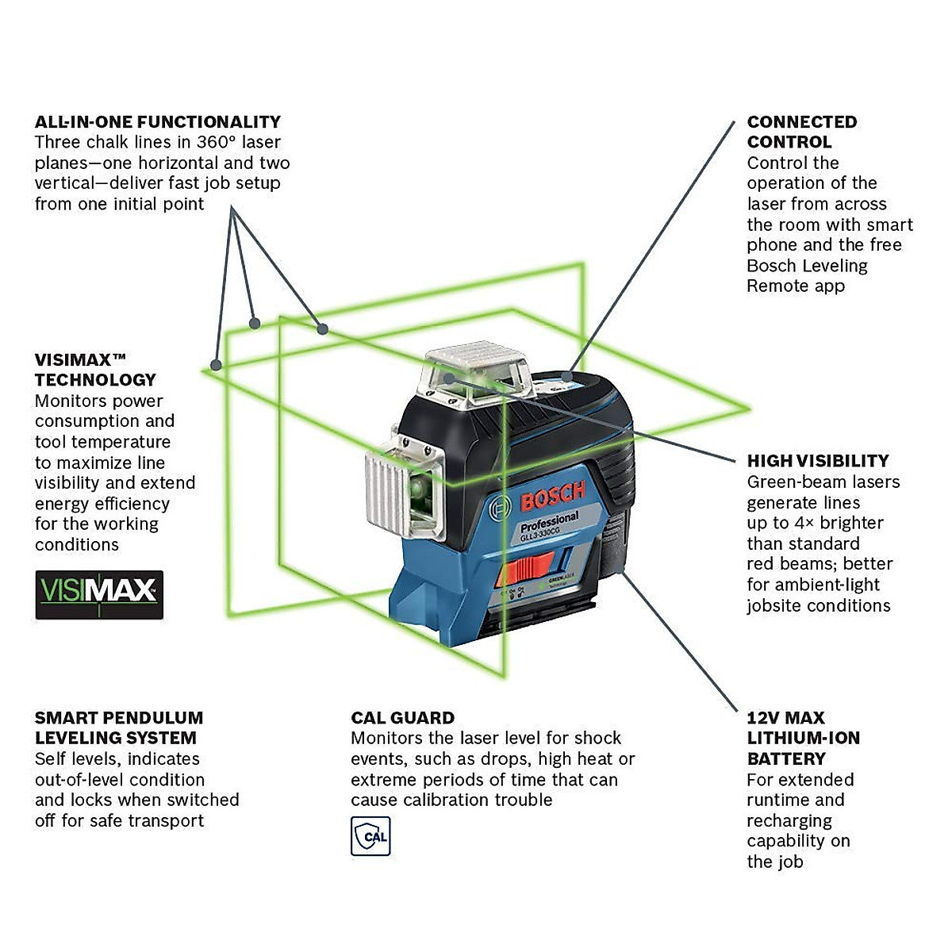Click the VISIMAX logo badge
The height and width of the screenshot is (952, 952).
[x=99, y=594]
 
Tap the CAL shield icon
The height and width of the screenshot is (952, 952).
[x=370, y=836]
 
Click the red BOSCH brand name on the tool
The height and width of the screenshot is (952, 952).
[x=552, y=497]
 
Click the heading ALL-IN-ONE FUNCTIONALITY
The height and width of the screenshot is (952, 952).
[x=158, y=121]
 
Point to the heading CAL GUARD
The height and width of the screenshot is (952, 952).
[x=402, y=718]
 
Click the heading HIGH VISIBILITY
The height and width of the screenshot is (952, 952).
[x=817, y=461]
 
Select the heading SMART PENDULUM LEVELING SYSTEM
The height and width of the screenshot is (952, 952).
[x=119, y=727]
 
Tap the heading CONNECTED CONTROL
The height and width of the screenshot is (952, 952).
[x=801, y=132]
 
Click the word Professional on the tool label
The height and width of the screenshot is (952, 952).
[x=549, y=521]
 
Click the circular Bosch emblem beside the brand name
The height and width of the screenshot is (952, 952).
[x=500, y=509]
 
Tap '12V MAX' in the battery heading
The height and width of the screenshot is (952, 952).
[x=785, y=718]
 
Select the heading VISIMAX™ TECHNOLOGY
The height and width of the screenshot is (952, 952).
[x=94, y=370]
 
